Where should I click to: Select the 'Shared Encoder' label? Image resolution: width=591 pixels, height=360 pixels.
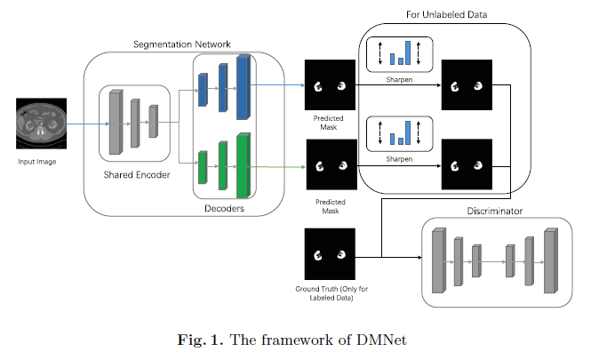tap(135, 174)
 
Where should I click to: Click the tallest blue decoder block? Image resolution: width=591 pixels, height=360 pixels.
tap(244, 86)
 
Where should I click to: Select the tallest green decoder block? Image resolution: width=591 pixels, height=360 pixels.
tap(244, 165)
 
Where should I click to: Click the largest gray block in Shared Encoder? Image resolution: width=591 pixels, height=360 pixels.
tap(115, 122)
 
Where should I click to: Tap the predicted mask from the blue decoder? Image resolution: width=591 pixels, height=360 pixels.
tap(329, 85)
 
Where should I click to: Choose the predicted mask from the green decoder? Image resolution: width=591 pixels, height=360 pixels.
tap(330, 165)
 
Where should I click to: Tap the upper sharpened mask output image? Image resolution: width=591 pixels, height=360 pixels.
tap(466, 85)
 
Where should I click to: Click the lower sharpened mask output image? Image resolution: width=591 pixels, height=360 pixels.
tap(466, 165)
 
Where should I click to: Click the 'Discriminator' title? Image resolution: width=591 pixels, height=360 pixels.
tap(494, 211)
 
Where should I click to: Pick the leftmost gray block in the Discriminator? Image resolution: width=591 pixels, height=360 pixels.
tap(437, 260)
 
